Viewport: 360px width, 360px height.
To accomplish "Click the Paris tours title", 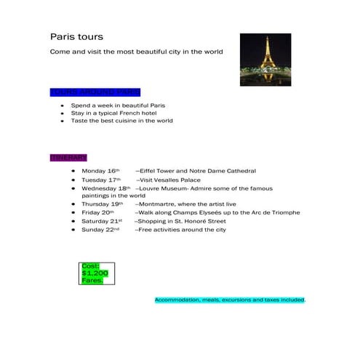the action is coord(76,36).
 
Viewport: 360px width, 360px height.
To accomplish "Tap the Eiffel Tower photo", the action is coord(265,60).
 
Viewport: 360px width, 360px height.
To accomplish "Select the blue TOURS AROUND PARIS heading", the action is coord(95,92).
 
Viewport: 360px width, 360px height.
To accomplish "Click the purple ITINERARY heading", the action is coord(68,158).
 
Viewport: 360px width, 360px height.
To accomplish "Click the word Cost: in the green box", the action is coord(91,265).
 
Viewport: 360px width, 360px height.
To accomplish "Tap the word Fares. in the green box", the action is coord(92,280).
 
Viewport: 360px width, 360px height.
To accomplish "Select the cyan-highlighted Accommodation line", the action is coord(230,300).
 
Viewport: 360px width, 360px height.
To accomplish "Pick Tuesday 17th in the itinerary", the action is coord(101,180).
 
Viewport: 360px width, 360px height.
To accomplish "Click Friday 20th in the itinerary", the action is coord(98,213).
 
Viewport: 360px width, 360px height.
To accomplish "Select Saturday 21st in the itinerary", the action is coord(102,221).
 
